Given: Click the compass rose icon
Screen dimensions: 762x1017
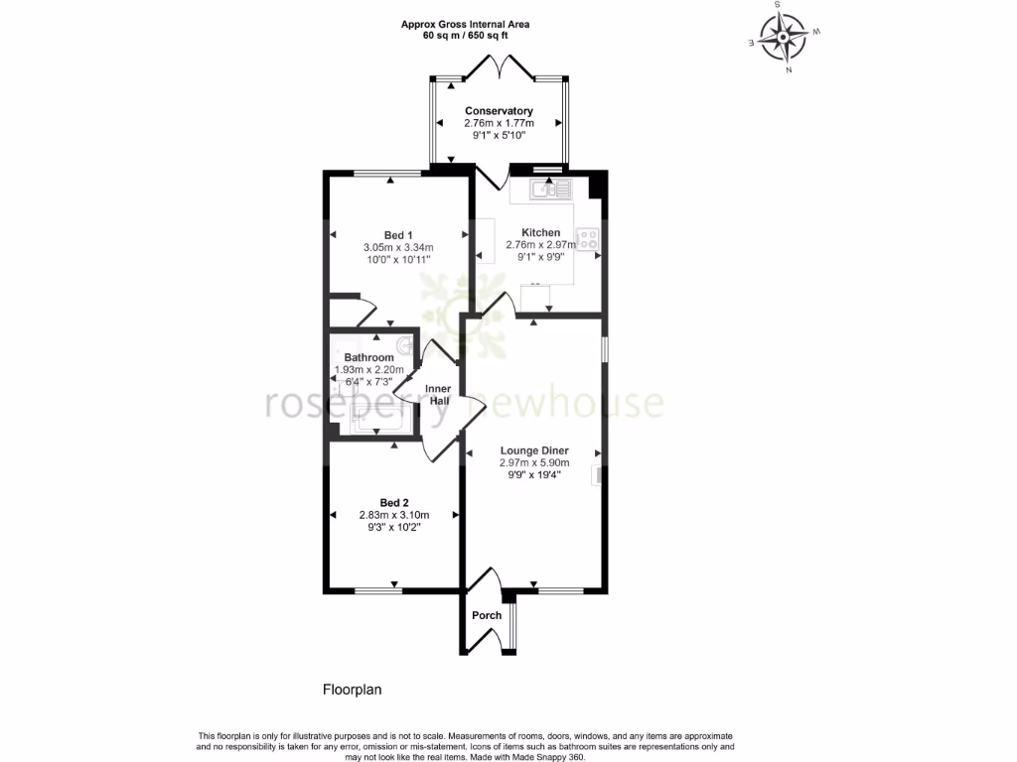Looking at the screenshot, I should tap(783, 39).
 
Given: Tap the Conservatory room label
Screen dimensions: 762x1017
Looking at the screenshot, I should tap(499, 111).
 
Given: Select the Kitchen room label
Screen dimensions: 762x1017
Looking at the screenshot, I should tap(541, 232).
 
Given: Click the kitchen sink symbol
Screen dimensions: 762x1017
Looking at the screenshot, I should tap(547, 188).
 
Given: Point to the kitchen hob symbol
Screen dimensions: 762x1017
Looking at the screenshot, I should tap(588, 239).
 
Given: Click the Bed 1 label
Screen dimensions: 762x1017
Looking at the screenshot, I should tap(397, 234).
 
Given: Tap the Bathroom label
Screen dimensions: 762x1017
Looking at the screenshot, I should tap(368, 357).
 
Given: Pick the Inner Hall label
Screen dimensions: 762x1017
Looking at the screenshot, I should tap(438, 395).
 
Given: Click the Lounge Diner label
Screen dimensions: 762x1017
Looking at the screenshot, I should tap(534, 450).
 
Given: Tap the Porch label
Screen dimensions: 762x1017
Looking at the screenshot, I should tap(487, 615).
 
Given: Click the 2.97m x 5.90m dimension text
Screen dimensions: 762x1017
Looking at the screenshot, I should tap(534, 462).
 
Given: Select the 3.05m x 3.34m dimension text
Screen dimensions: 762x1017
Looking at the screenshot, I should tap(398, 247).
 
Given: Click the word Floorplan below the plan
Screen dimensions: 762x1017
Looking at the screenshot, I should tap(353, 689).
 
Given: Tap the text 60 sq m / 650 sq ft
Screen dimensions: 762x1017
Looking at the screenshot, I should tap(465, 36).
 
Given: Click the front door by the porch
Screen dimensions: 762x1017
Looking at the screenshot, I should tap(484, 579).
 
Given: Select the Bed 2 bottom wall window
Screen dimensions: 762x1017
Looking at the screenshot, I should tap(378, 591).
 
